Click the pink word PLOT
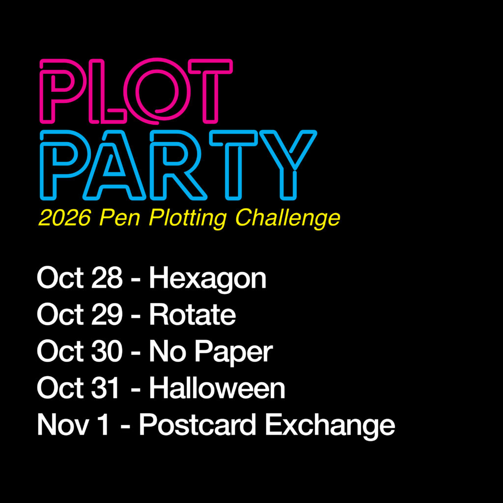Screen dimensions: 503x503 click(136, 91)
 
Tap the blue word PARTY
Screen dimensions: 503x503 click(178, 165)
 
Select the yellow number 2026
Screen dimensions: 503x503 click(64, 218)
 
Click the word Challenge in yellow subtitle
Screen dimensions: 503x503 click(288, 219)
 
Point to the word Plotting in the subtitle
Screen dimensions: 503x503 click(188, 219)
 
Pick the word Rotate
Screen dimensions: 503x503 click(193, 315)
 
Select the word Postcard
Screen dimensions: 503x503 click(197, 424)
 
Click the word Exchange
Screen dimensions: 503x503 click(330, 426)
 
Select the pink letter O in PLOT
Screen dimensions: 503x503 click(157, 90)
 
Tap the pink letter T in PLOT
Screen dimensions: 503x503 click(210, 91)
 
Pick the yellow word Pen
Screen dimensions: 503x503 click(120, 218)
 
